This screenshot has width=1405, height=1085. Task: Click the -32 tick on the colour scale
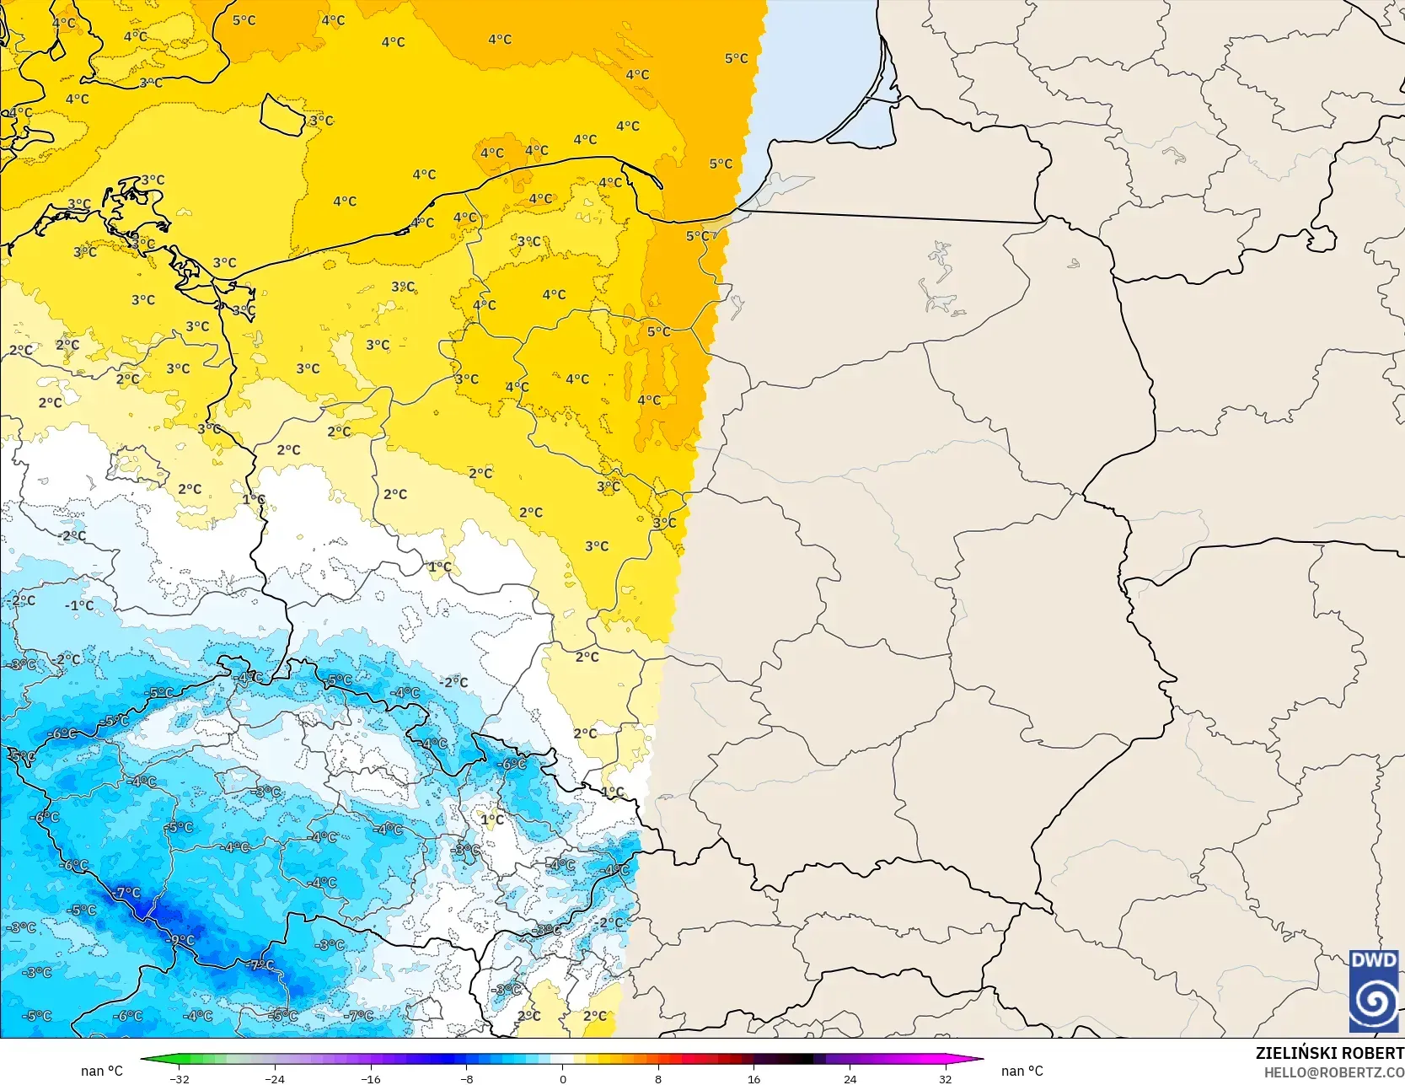180,1078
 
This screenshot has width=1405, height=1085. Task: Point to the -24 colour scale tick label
275,1078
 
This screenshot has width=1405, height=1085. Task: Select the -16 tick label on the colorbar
371,1078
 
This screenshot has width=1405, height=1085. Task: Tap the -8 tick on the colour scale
467,1078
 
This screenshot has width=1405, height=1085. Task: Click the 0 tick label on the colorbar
562,1078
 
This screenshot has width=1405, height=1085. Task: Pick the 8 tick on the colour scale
658,1078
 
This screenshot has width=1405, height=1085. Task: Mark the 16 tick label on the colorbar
753,1078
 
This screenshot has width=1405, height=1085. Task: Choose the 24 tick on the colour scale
850,1078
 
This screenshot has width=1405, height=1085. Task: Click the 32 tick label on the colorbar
945,1078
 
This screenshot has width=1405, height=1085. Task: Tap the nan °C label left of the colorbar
102,1071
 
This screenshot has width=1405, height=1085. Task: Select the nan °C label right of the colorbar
1022,1071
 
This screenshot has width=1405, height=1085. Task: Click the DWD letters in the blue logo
1374,960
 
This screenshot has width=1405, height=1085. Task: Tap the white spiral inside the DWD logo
1374,1002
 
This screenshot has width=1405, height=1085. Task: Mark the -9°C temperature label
181,940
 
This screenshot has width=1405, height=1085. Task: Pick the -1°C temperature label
80,605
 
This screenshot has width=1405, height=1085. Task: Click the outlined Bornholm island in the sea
282,115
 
